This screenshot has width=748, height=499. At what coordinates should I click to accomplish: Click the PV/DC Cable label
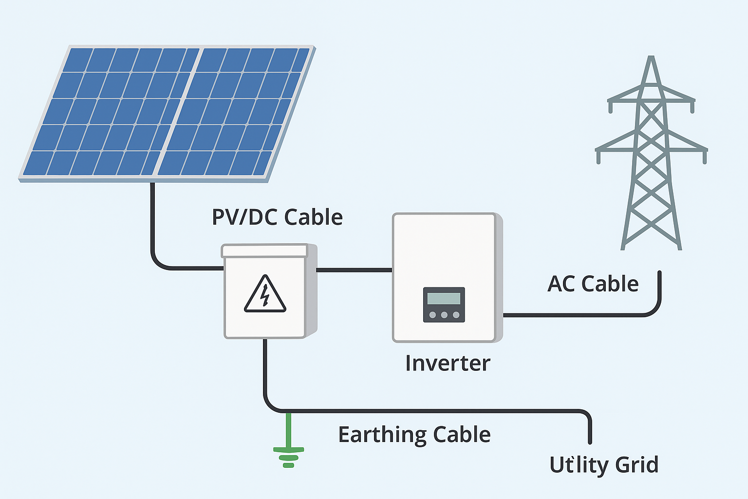tap(277, 217)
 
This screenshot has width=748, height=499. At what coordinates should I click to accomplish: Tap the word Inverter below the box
tap(448, 363)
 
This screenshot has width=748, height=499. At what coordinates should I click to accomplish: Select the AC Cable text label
tap(593, 284)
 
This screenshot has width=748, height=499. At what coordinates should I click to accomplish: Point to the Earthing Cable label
tap(414, 434)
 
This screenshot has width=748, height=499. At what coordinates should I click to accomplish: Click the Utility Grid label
tap(604, 464)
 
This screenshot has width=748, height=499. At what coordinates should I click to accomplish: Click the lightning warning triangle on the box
tap(264, 295)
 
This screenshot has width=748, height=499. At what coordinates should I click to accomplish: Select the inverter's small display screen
tap(444, 298)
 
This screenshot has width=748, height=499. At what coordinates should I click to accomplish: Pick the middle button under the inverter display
tap(444, 315)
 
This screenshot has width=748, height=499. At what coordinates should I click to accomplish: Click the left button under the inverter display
tap(432, 315)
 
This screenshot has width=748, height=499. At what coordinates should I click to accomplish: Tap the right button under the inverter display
tap(456, 315)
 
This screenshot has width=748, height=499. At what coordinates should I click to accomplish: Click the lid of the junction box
tap(264, 250)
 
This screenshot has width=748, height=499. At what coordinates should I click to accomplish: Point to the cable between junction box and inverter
tap(354, 269)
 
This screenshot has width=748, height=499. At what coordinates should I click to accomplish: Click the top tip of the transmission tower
tap(651, 58)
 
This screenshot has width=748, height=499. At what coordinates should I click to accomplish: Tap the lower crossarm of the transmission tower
tap(651, 148)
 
